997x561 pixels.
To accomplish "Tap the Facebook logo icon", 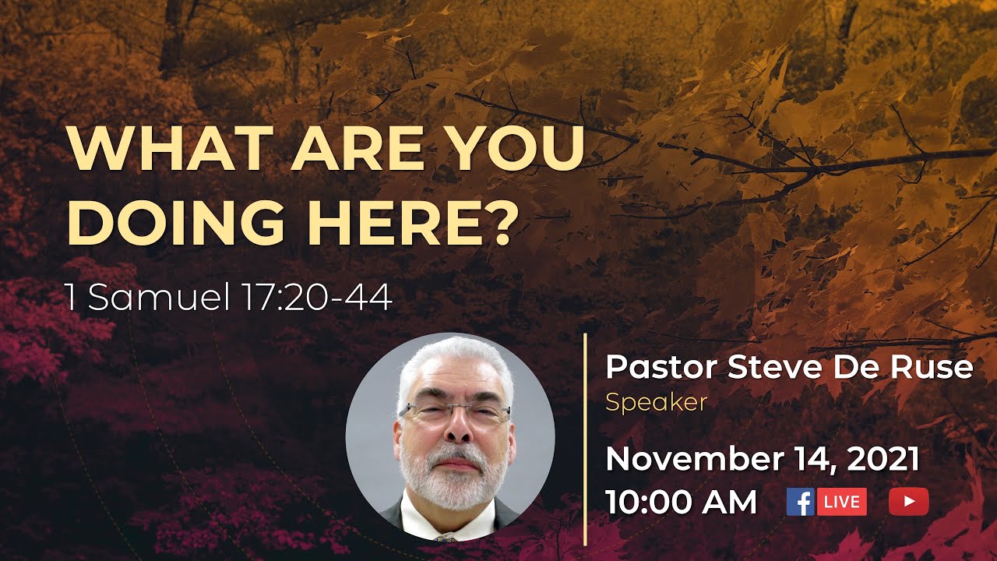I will (x=800, y=501).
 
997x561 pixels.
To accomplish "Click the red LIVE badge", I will (x=841, y=501).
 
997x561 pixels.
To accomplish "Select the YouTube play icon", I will (x=908, y=501).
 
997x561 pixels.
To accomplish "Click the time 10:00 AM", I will (x=682, y=502).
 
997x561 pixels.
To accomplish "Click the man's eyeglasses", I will (x=453, y=414).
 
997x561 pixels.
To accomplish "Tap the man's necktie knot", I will (x=446, y=537).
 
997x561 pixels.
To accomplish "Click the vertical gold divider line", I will (x=585, y=440).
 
